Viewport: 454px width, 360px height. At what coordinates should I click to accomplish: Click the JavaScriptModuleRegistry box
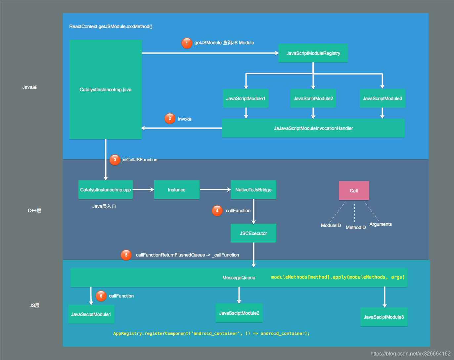point(313,53)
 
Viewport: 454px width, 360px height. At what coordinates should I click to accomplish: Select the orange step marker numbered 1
point(187,43)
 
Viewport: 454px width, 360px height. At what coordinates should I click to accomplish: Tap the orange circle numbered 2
point(170,118)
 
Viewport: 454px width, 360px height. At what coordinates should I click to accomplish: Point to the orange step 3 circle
point(115,160)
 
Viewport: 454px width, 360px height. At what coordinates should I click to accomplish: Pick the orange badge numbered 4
point(217,211)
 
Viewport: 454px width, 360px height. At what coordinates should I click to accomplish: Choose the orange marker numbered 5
point(126,255)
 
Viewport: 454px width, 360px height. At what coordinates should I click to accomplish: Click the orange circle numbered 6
point(101,296)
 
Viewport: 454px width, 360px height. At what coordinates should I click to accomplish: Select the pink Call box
point(354,190)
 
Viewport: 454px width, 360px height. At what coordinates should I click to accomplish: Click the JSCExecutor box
point(253,233)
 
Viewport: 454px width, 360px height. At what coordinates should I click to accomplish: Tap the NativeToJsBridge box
point(253,190)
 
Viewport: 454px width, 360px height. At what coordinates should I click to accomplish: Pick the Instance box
point(177,190)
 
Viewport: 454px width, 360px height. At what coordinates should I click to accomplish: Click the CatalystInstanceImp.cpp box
point(106,190)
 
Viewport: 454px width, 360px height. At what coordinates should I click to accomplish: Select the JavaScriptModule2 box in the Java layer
point(313,99)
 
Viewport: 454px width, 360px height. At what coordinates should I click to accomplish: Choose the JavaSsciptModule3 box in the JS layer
point(384,317)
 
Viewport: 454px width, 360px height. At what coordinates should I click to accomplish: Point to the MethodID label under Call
point(356,227)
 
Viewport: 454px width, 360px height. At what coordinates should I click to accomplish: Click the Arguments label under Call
point(381,224)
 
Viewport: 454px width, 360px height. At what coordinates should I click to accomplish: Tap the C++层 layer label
point(34,211)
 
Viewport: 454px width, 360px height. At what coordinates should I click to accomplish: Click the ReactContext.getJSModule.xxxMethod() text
point(111,26)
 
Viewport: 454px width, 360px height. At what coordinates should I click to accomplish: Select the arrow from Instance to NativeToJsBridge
point(215,190)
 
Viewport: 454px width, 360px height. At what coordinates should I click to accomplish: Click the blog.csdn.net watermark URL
point(411,353)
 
